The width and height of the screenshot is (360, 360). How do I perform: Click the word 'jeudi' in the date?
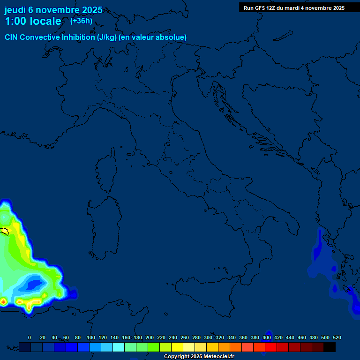15,10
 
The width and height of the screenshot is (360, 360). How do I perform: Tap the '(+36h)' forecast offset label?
81,21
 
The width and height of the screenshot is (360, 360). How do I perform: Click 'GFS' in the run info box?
259,8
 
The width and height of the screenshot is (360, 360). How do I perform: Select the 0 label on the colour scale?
30,337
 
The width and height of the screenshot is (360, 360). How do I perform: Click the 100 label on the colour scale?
91,337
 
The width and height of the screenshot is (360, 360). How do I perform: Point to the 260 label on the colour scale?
185,337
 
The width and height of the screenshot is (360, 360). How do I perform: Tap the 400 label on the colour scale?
267,337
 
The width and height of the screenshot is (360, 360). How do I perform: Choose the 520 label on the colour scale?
337,337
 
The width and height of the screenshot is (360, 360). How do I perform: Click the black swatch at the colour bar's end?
330,347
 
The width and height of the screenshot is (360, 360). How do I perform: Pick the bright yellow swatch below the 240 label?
177,347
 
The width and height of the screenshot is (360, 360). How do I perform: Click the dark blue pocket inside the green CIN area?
34,283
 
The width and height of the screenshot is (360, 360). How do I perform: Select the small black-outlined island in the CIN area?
5,231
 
